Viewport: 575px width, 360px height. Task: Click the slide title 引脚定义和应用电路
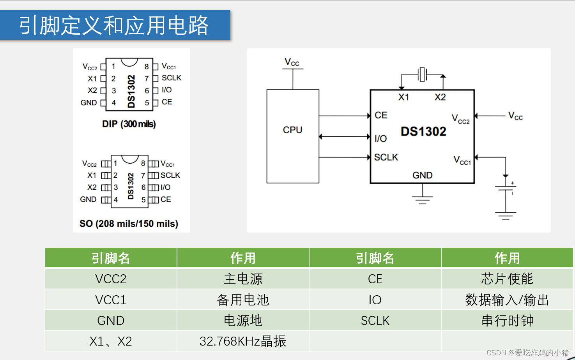point(114,25)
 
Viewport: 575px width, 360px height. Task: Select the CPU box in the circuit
point(293,136)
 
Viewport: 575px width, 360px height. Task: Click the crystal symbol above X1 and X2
point(422,74)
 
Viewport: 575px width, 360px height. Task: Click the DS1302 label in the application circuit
point(423,132)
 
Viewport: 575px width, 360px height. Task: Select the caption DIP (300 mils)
point(129,124)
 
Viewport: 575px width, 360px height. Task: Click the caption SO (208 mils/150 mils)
point(129,224)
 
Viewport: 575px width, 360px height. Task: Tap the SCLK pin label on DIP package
point(172,78)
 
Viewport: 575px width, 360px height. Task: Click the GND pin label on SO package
point(88,199)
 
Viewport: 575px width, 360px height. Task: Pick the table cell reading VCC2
point(111,279)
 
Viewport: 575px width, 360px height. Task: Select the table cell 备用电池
point(243,300)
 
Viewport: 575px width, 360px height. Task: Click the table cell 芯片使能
point(507,279)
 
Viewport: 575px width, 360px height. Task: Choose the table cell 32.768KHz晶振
point(243,341)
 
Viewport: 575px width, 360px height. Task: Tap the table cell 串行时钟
point(507,321)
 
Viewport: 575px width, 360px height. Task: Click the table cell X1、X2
point(111,341)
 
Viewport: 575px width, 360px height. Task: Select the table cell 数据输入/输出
point(507,300)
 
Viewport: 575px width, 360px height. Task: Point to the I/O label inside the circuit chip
point(380,138)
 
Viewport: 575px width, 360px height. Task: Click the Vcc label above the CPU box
point(292,62)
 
